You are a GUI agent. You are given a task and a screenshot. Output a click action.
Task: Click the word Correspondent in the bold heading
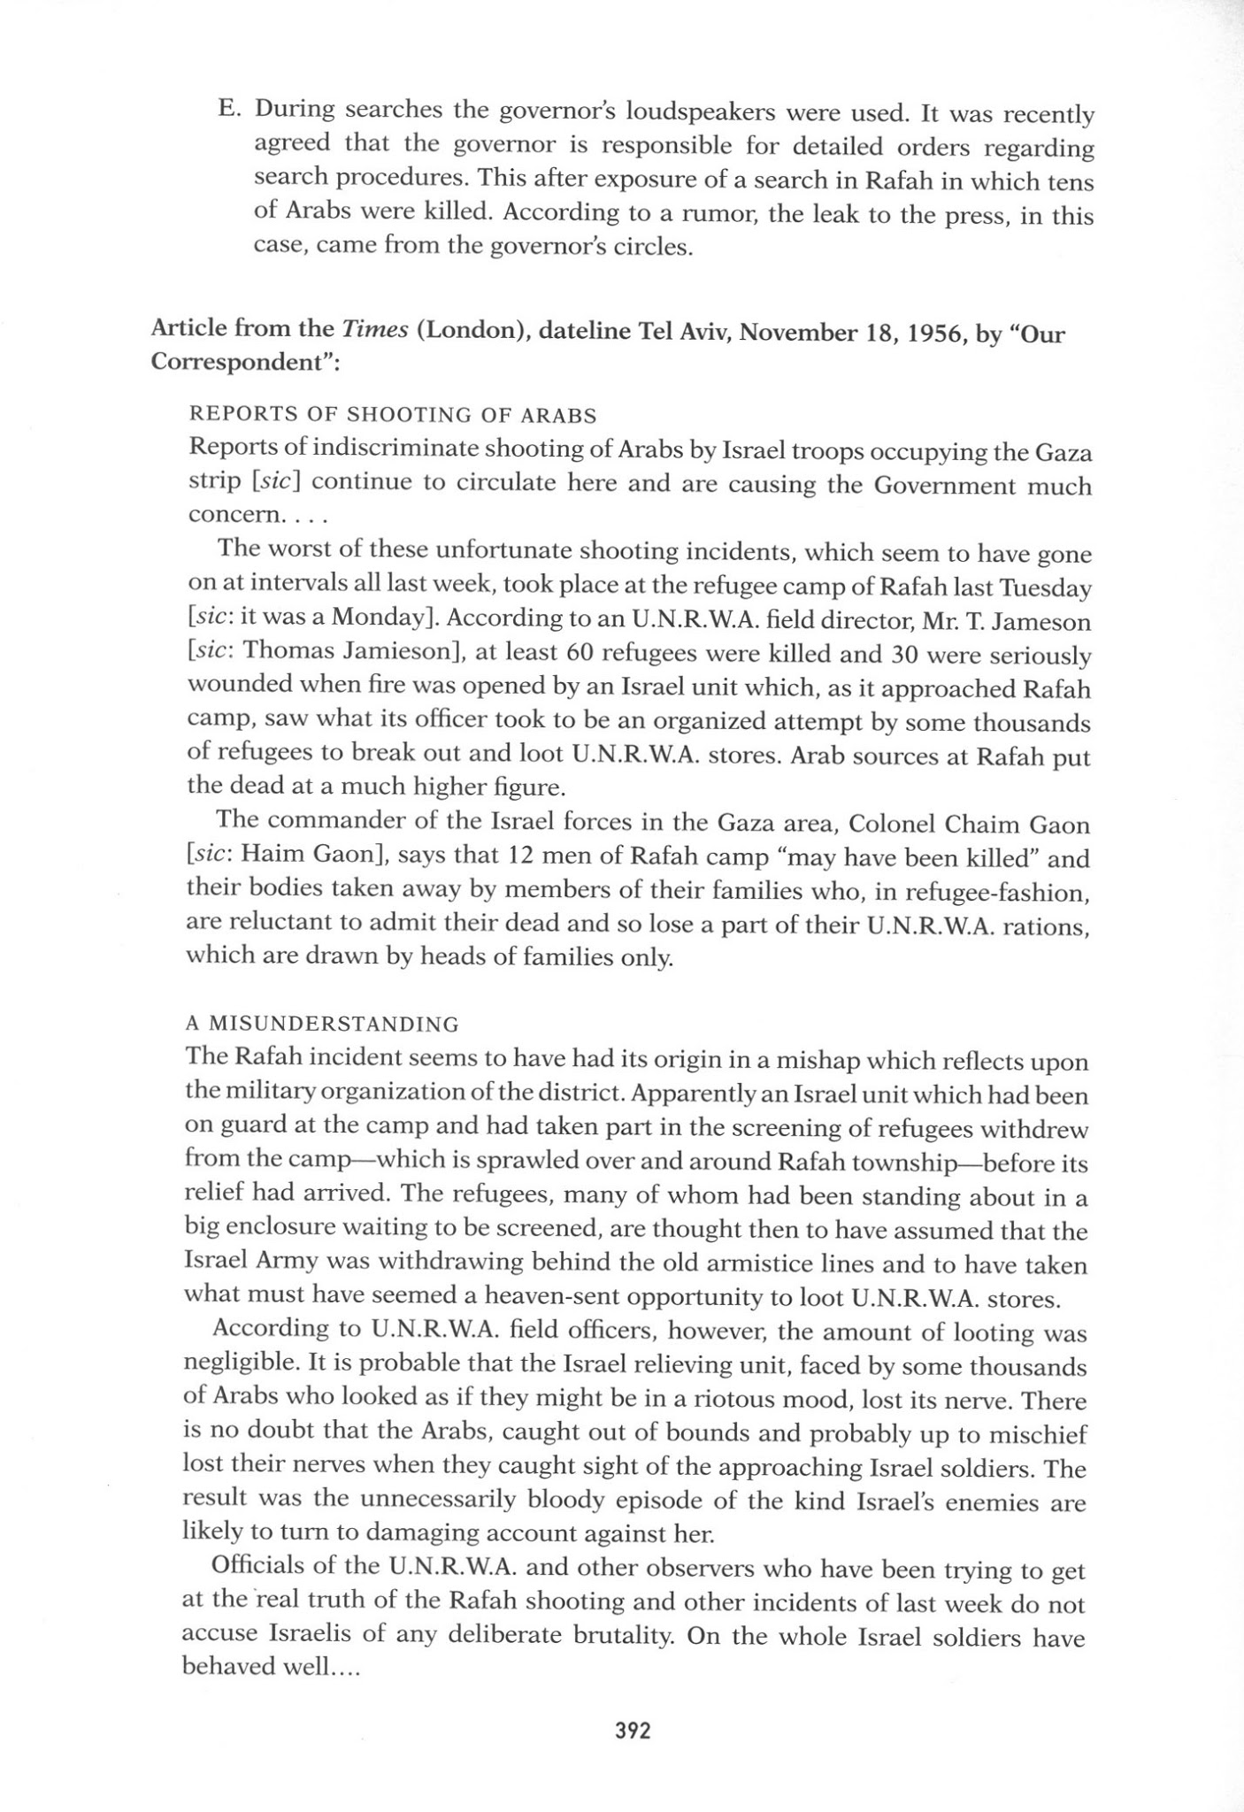pyautogui.click(x=239, y=365)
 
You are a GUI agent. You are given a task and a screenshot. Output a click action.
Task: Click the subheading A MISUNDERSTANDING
pyautogui.click(x=322, y=1024)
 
